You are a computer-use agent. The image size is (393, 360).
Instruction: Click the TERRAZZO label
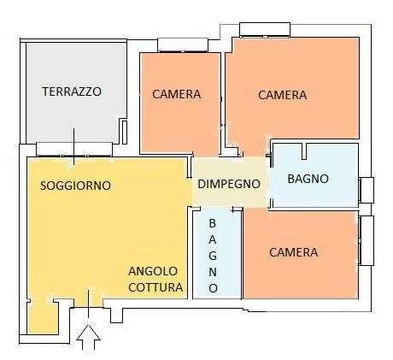(72, 91)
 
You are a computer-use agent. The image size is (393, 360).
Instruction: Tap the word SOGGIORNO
(75, 186)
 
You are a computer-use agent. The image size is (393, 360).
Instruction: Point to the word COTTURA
(155, 288)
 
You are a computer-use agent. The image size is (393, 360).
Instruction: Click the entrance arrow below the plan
(89, 337)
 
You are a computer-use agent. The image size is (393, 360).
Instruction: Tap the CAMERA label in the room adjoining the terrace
(177, 95)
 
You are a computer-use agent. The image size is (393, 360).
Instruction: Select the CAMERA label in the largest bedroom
(282, 95)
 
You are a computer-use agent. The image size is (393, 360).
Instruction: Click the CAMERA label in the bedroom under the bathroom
(293, 252)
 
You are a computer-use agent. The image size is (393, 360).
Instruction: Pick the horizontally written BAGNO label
(308, 180)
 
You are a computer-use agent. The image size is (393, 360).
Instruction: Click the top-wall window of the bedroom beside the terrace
(180, 44)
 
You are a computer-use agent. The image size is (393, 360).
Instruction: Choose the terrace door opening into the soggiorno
(72, 149)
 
